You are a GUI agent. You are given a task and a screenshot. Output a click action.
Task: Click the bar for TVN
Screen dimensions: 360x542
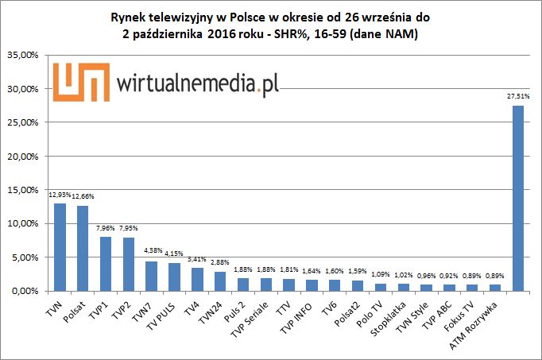[60, 247]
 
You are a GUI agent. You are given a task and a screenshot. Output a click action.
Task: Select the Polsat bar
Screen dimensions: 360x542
[83, 248]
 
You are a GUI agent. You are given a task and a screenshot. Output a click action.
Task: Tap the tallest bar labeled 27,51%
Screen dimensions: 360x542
[517, 198]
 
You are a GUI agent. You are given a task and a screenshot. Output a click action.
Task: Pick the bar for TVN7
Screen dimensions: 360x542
[151, 276]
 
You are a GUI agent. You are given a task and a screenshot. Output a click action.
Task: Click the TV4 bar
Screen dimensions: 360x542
[197, 279]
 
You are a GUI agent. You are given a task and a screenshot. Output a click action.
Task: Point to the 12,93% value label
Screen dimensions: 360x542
[58, 195]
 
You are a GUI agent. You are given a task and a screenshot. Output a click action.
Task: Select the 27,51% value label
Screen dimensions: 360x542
[517, 96]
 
